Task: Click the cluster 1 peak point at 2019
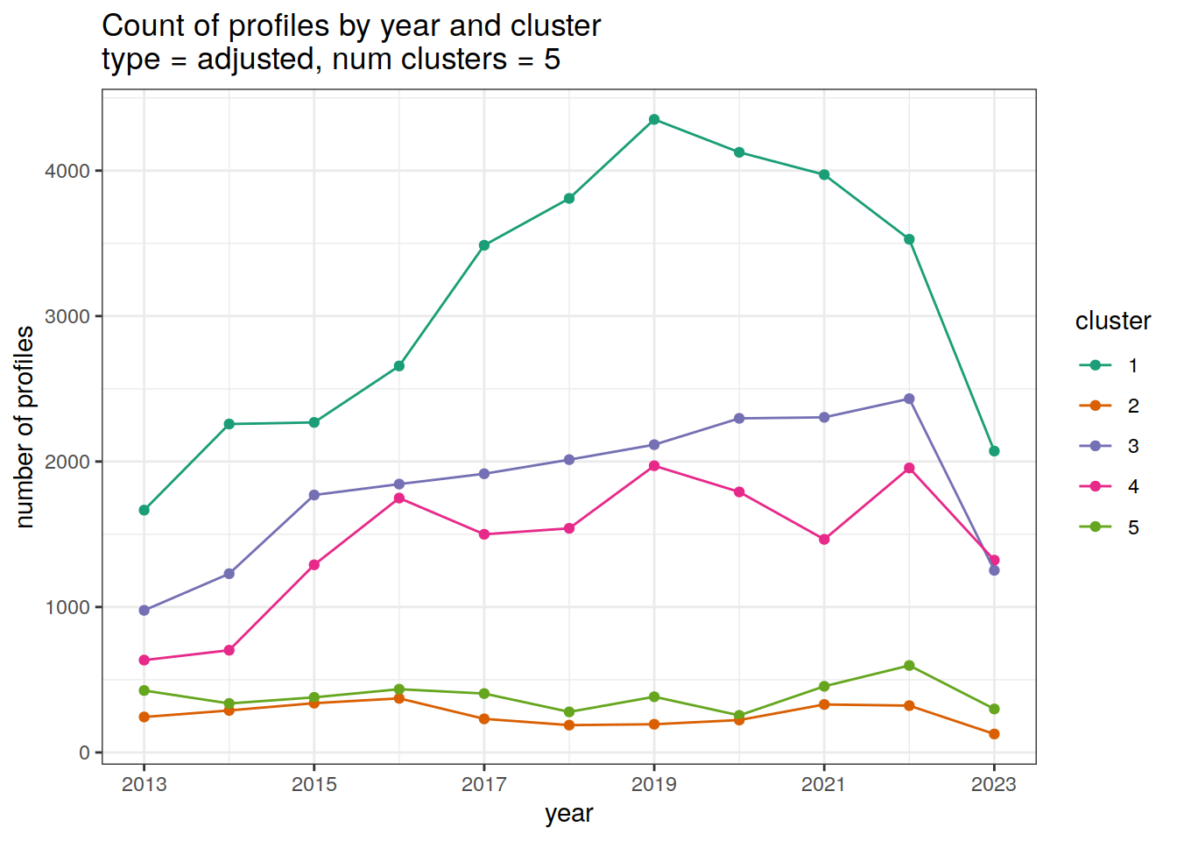pos(654,119)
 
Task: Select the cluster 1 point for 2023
pos(994,451)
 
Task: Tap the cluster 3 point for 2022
pos(909,399)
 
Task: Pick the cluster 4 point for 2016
pos(399,498)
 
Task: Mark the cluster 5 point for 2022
pos(909,666)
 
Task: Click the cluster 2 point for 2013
pos(144,717)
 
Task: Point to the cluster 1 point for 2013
pos(144,510)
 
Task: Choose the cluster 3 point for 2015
pos(314,495)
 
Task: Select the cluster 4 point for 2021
pos(824,540)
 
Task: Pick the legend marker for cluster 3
pos(1096,446)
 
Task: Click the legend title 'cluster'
pos(1112,322)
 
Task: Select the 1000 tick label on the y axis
pos(67,607)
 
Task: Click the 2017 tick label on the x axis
pos(484,784)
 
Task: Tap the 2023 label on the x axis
pos(994,784)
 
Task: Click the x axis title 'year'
pos(569,814)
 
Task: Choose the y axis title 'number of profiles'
pos(25,427)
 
